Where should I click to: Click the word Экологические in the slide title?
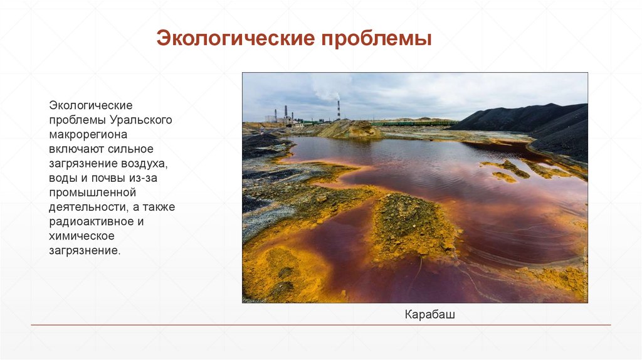[236, 40]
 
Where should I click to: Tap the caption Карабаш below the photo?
[430, 314]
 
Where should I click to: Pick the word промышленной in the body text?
[92, 192]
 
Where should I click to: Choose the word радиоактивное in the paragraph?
[92, 221]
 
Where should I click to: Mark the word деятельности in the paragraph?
[87, 207]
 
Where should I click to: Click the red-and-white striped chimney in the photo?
[339, 109]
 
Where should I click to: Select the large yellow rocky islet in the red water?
[413, 225]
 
